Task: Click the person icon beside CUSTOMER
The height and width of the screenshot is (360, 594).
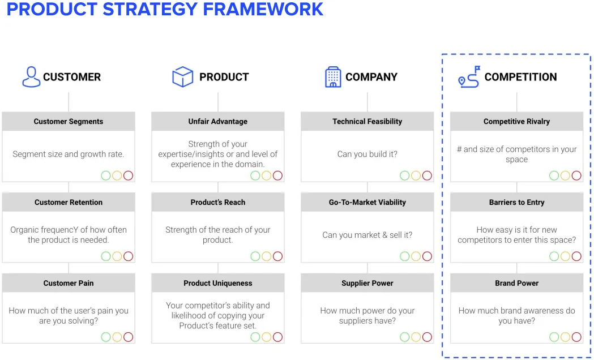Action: [x=32, y=77]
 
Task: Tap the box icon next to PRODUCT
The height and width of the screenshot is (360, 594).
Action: [x=182, y=77]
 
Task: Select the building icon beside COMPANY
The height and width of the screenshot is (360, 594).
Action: [x=333, y=77]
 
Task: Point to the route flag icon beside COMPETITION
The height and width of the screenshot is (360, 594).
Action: [x=469, y=77]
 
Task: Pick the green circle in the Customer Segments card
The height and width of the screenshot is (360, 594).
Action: [x=106, y=175]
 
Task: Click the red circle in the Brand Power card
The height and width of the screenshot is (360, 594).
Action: [x=576, y=337]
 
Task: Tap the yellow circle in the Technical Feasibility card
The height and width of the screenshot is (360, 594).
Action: [x=416, y=175]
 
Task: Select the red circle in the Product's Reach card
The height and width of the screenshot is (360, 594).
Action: [x=277, y=256]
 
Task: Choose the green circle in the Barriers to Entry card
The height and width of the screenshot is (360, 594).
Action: [x=554, y=256]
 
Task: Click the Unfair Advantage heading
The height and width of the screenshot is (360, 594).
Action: [x=218, y=122]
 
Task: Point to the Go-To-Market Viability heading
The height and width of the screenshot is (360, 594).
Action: [x=367, y=202]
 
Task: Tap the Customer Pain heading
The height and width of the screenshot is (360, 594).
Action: [x=69, y=283]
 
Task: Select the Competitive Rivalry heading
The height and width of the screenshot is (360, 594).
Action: [x=517, y=122]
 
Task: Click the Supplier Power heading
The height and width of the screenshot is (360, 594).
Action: [x=367, y=283]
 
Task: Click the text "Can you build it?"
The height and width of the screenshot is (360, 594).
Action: [x=367, y=154]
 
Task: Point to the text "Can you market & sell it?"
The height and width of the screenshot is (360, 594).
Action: [x=367, y=235]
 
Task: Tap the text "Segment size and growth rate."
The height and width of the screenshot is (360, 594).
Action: [x=69, y=154]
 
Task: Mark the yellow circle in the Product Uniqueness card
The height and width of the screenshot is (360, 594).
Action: [x=267, y=337]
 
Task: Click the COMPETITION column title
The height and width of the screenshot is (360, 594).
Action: [x=521, y=77]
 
